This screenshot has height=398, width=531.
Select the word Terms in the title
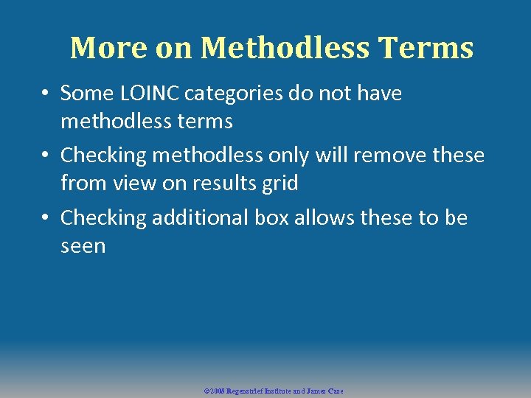click(426, 48)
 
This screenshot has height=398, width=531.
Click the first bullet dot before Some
click(45, 94)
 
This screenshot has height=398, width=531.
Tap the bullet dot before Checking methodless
click(45, 156)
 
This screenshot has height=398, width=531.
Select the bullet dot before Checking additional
click(45, 218)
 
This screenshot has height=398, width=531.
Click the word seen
click(83, 245)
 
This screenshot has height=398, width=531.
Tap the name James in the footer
click(319, 391)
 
